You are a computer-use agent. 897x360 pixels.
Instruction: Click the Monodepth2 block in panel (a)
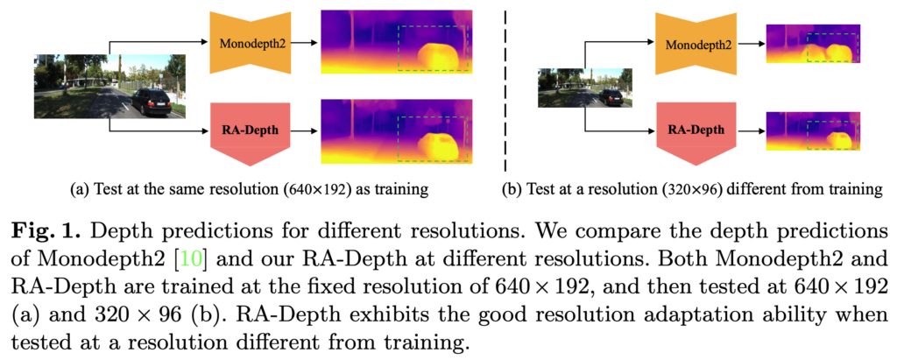coord(251,41)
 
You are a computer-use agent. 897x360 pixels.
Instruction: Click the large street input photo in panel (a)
coord(110,86)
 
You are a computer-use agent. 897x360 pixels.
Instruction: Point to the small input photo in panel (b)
coord(583,88)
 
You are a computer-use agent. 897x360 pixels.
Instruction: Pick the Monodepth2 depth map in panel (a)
coord(398,41)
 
